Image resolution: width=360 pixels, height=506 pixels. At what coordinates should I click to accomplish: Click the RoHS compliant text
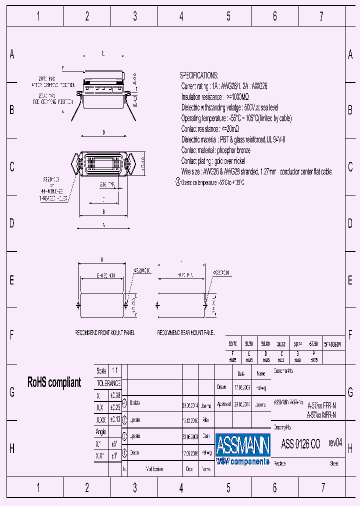point(53,382)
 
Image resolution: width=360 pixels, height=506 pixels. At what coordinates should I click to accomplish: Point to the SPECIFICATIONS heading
point(198,75)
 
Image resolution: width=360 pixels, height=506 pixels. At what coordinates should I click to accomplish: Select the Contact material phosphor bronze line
point(215,150)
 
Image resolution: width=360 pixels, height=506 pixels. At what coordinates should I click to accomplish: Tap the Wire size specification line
point(256,171)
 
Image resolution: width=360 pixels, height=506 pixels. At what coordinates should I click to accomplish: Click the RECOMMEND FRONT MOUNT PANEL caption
point(104,332)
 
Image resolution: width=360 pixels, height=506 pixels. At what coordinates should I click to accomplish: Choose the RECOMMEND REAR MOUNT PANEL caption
point(186,332)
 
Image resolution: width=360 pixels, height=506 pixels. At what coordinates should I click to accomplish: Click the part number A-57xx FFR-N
point(321,406)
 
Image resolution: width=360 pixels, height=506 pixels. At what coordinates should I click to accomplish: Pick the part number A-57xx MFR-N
point(321,415)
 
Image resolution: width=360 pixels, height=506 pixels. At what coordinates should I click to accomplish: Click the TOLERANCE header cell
point(108,383)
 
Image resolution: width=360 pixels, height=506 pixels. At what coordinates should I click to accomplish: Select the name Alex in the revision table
point(205,420)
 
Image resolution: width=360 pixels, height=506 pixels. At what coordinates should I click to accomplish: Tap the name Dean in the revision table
point(206,436)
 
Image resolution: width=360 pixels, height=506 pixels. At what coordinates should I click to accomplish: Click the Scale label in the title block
point(101,371)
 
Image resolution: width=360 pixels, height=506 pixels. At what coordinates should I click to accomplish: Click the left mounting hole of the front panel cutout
point(77,304)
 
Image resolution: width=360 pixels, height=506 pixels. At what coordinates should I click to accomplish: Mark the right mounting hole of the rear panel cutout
point(205,304)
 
